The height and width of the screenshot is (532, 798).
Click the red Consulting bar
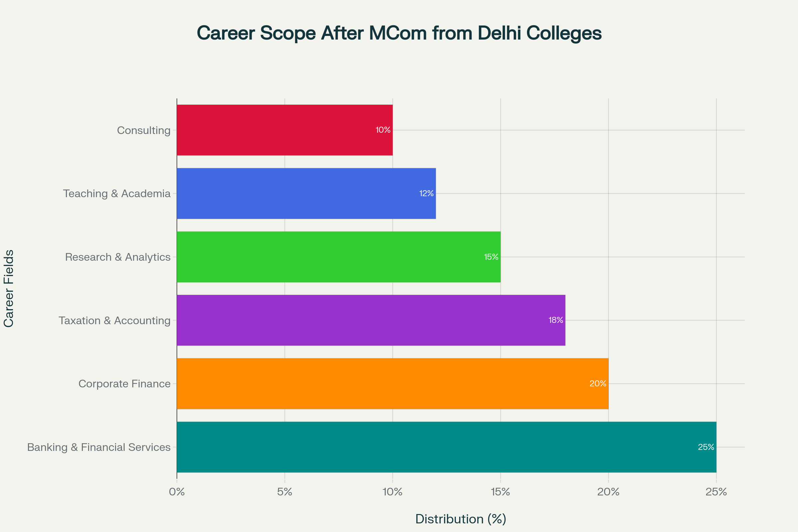pos(284,130)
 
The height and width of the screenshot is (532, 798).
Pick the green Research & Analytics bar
pos(338,257)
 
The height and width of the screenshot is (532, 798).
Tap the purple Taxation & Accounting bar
pos(371,320)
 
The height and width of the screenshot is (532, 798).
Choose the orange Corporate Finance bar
pos(393,384)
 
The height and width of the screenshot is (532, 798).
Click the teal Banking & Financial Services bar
pos(447,447)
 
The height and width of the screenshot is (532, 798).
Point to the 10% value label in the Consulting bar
pos(383,130)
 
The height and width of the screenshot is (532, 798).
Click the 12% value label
pos(427,194)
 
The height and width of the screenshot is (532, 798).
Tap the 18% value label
pos(556,320)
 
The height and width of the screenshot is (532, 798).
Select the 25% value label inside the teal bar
pos(706,447)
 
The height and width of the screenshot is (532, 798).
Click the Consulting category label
pos(144,130)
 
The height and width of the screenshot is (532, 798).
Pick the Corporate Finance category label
pos(124,384)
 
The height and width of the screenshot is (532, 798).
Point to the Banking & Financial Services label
pos(99,447)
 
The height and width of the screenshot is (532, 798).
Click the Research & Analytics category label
pos(117,257)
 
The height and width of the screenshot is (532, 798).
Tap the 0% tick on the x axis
pos(177,492)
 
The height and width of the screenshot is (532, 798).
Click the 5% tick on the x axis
pos(285,492)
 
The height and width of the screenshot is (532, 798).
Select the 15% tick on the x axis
pos(500,492)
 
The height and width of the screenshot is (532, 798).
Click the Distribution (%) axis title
pos(461,519)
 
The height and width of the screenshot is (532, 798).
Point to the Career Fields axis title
pos(9,288)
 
